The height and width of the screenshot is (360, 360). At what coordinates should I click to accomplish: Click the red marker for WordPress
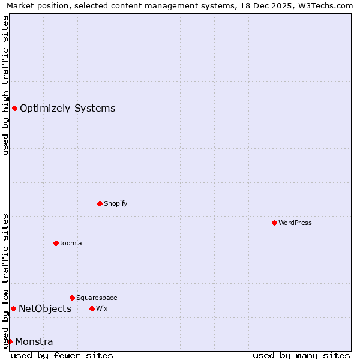coord(274,223)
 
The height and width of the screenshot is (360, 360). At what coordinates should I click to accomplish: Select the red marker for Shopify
coord(100,203)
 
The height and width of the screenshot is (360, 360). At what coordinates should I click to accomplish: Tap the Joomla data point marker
coord(56,243)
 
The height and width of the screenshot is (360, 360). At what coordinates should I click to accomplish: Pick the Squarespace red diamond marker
coord(72,298)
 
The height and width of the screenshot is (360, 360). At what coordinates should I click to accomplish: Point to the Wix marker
coord(92,308)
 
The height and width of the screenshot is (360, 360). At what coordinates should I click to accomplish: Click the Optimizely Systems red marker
coord(14,108)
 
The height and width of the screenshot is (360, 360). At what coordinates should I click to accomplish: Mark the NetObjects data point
coord(13,308)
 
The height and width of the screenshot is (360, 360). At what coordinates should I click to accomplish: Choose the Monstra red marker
coord(10,341)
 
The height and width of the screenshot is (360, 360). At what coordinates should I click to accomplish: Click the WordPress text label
coord(295,223)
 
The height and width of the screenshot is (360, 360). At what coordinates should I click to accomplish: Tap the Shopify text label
coord(116,203)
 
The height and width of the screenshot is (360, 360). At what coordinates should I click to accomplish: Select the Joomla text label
coord(71,243)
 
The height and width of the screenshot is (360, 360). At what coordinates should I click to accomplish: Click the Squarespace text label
coord(97,298)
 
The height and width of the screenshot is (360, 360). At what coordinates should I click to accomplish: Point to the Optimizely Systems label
coord(68,108)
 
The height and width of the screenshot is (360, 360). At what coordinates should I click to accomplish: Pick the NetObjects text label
coord(45,308)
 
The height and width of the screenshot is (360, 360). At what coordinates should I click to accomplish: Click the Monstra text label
coord(34,341)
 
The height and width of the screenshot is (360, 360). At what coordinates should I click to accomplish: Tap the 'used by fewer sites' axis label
coord(62,355)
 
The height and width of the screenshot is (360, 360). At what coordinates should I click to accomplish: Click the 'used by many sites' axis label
coord(301,355)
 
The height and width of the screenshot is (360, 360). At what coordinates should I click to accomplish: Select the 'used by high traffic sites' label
coord(5,85)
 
